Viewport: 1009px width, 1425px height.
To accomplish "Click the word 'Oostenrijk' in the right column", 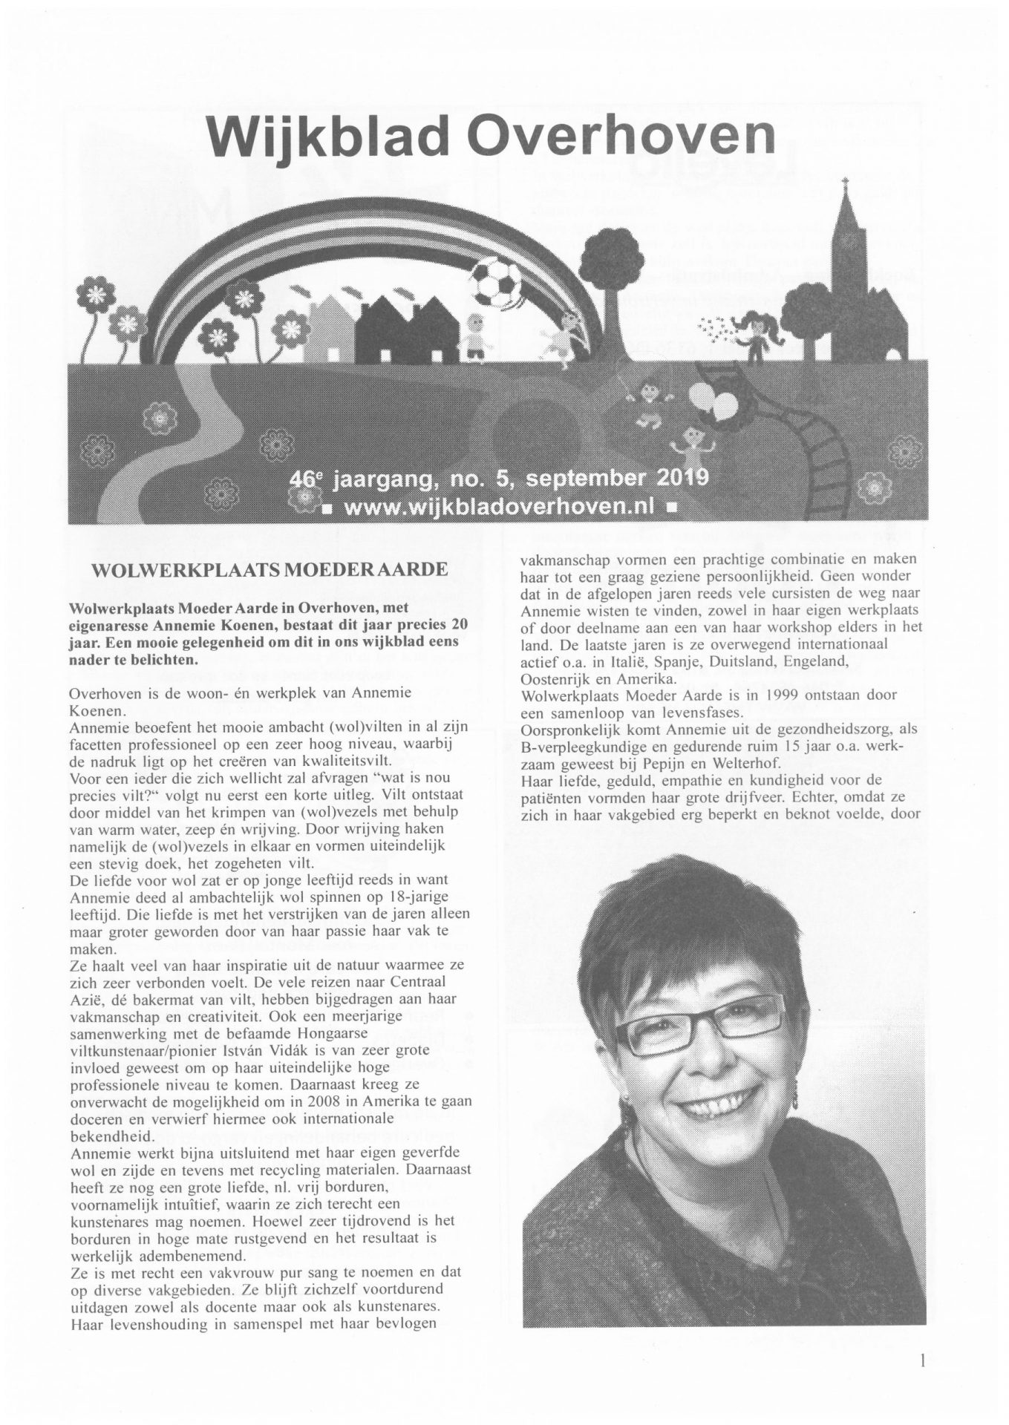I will tap(558, 679).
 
